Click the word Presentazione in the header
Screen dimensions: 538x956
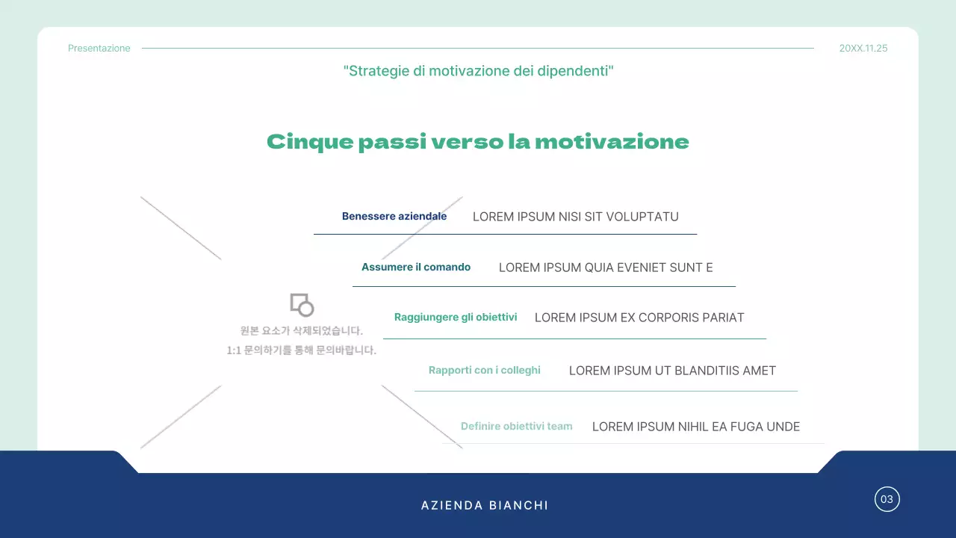(x=99, y=49)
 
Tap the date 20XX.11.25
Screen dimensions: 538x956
(x=863, y=49)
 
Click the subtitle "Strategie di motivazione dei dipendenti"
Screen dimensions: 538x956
(x=478, y=71)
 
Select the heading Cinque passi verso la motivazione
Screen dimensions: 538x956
(x=478, y=142)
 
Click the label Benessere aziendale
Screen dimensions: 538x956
(x=394, y=217)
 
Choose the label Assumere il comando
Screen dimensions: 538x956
(x=416, y=267)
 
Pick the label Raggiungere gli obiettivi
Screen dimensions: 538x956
(x=456, y=318)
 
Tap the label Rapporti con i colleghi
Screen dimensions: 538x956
(x=485, y=370)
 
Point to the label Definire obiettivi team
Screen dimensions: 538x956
(x=517, y=427)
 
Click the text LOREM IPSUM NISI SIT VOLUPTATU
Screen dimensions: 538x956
(x=576, y=217)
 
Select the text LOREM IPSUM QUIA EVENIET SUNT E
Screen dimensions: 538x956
(x=606, y=268)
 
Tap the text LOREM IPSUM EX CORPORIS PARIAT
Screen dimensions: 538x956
(x=639, y=318)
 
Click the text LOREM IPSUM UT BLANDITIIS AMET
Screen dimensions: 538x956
(x=672, y=371)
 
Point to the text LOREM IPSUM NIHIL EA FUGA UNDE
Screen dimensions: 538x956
(x=696, y=427)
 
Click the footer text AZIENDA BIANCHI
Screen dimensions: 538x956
(x=485, y=506)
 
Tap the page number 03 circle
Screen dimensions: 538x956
(x=887, y=499)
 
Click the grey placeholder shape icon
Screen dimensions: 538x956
(x=302, y=304)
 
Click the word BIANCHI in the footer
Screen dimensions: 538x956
(x=518, y=506)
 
